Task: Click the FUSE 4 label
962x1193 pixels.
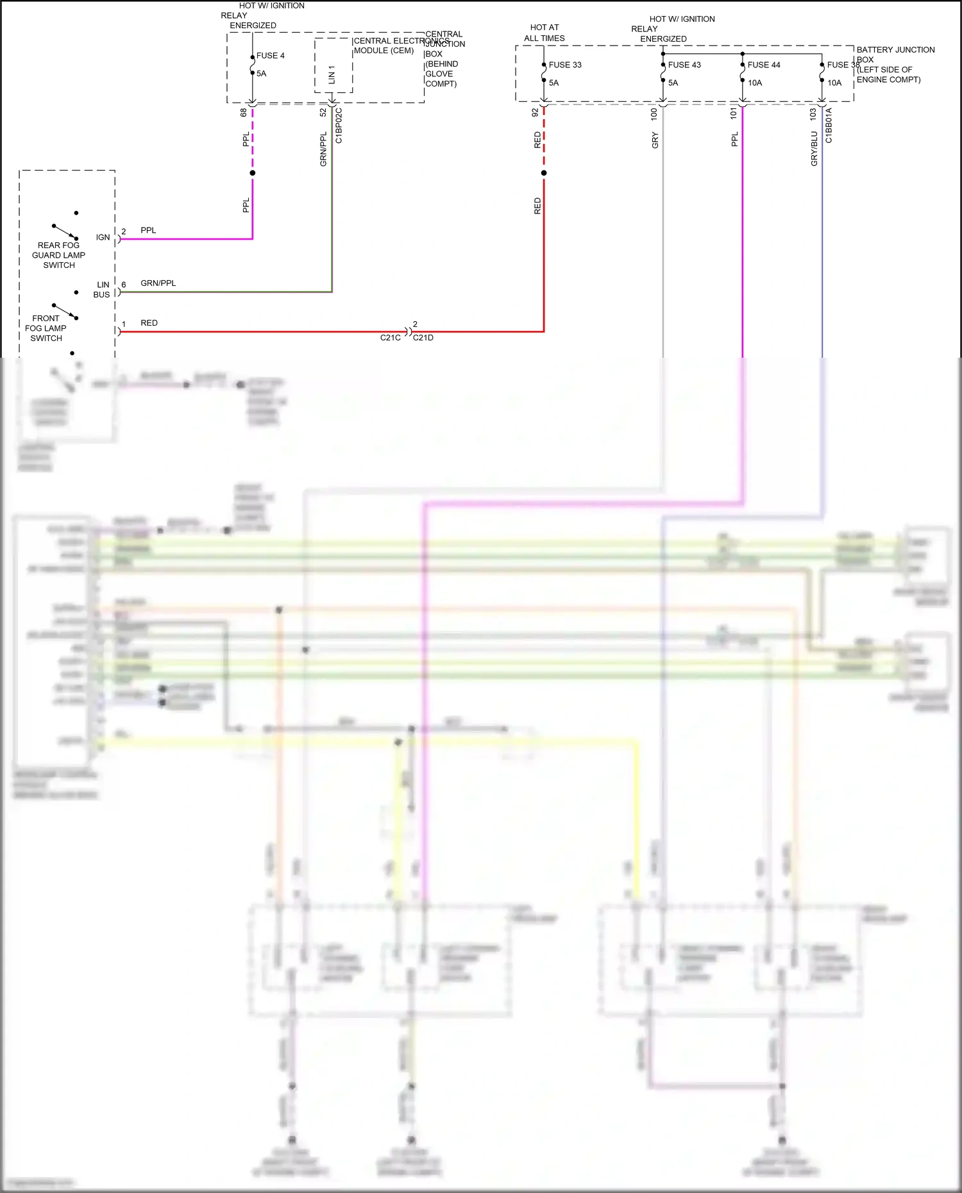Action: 270,56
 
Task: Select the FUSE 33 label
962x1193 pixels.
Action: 565,65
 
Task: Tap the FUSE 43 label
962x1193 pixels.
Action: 684,65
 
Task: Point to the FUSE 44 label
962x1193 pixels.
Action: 764,65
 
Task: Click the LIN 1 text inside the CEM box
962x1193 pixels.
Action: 332,74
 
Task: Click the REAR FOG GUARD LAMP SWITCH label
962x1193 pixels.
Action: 58,255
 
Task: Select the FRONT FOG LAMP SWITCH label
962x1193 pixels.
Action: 46,328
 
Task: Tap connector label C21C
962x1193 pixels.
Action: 390,338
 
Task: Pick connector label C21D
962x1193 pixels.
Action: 423,338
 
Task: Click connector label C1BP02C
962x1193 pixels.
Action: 339,126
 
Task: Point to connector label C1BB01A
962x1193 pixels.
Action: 829,126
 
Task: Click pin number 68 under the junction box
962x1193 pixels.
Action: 244,112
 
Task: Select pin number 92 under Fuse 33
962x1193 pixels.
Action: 535,112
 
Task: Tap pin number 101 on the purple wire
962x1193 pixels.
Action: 734,113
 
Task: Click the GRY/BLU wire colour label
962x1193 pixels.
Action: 814,149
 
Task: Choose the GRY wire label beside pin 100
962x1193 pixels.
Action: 655,140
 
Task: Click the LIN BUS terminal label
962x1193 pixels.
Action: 102,290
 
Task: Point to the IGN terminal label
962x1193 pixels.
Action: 103,237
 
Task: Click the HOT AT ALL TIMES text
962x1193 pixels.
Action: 544,33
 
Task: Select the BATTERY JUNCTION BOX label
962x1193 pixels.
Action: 895,64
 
